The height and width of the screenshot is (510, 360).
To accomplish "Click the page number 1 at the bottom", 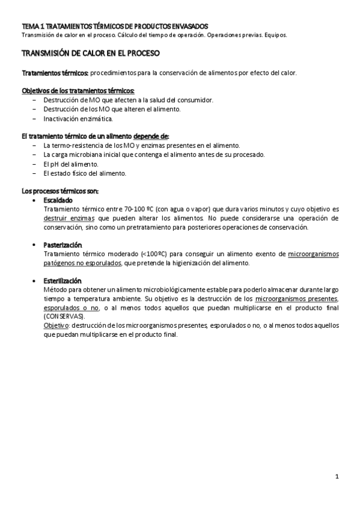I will point(338,478).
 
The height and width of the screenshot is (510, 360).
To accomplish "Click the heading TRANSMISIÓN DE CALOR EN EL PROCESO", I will point(91,54).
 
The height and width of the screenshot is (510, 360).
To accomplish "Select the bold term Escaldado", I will point(58,200).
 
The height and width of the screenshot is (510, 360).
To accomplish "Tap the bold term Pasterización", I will point(63,245).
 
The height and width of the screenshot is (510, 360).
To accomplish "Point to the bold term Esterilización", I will point(63,281).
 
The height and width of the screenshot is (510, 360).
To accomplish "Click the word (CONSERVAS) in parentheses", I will point(64,316).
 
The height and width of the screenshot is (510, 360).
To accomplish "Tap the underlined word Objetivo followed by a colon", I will point(56,325).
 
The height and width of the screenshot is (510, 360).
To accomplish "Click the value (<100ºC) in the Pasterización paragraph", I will point(153,254).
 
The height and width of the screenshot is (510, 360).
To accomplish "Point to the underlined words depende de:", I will point(151,137).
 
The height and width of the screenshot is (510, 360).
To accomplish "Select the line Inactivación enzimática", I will point(78,118).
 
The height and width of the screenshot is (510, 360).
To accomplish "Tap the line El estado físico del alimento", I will point(85,173).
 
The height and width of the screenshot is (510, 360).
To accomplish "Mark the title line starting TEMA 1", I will point(115,26).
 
